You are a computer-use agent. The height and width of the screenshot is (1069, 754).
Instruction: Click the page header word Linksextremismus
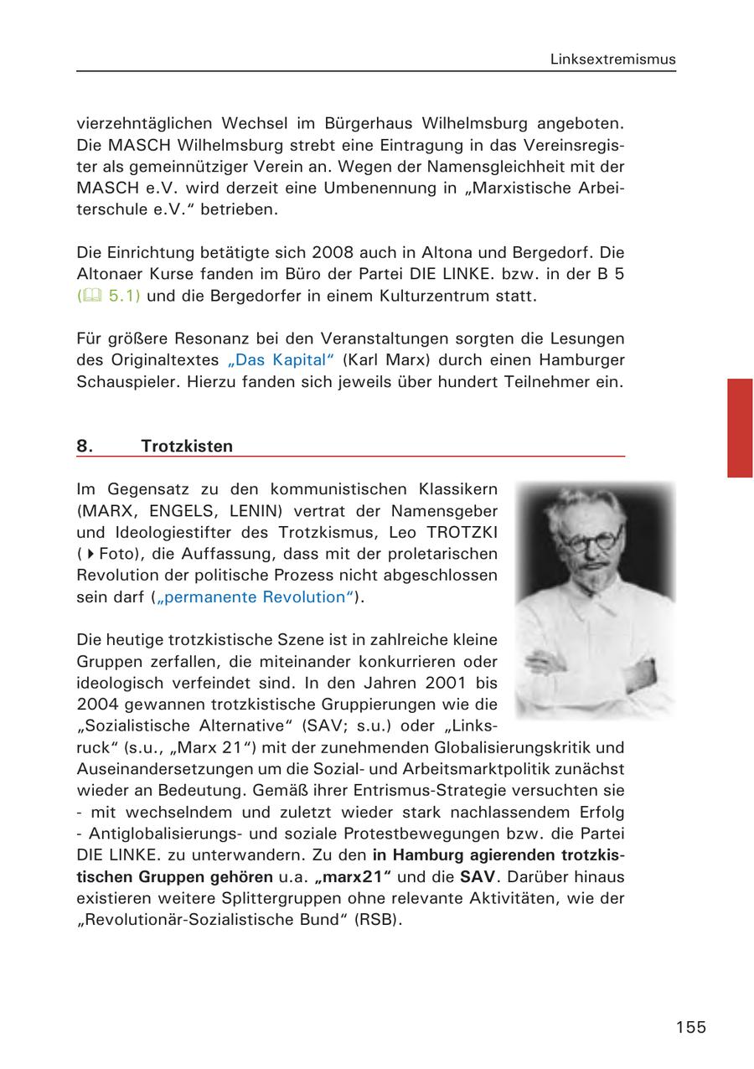(x=612, y=59)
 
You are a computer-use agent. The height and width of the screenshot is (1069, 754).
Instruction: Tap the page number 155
(x=691, y=1027)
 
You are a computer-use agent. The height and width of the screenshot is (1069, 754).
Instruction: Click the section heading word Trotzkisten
(x=187, y=446)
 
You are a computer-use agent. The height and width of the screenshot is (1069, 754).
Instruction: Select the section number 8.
(x=85, y=446)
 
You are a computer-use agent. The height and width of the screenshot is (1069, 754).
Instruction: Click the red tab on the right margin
(x=740, y=427)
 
